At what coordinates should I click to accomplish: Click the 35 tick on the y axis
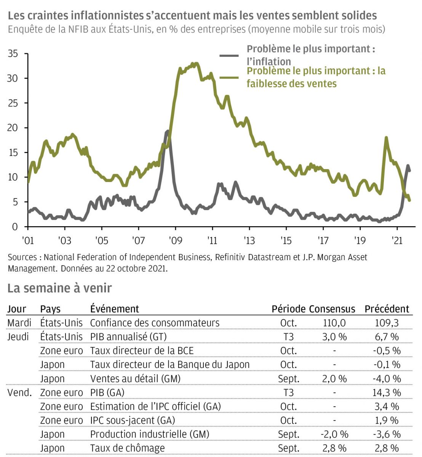[13, 54]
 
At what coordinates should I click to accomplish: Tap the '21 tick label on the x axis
[397, 241]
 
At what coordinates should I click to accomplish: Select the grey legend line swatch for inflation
[229, 56]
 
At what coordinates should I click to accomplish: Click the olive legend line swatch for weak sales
[229, 77]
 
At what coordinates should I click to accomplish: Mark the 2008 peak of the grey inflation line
[167, 132]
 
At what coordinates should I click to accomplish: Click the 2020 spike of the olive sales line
[386, 138]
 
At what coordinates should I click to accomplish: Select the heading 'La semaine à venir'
[59, 288]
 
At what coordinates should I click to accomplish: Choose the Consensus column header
[332, 309]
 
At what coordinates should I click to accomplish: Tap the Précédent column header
[387, 309]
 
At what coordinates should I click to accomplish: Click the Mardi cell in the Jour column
[19, 323]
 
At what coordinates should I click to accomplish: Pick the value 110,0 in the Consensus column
[334, 323]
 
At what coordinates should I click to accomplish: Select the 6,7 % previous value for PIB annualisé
[387, 337]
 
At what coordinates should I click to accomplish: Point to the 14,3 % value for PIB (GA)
[387, 393]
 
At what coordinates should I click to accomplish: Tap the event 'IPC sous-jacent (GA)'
[132, 420]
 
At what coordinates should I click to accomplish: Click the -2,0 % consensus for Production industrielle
[334, 435]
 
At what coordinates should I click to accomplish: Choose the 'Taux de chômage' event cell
[127, 448]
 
